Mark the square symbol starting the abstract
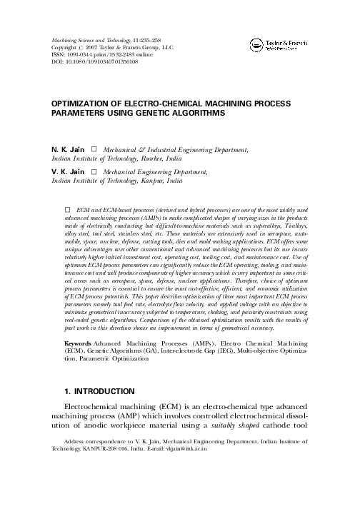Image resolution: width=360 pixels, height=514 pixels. click(x=69, y=211)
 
